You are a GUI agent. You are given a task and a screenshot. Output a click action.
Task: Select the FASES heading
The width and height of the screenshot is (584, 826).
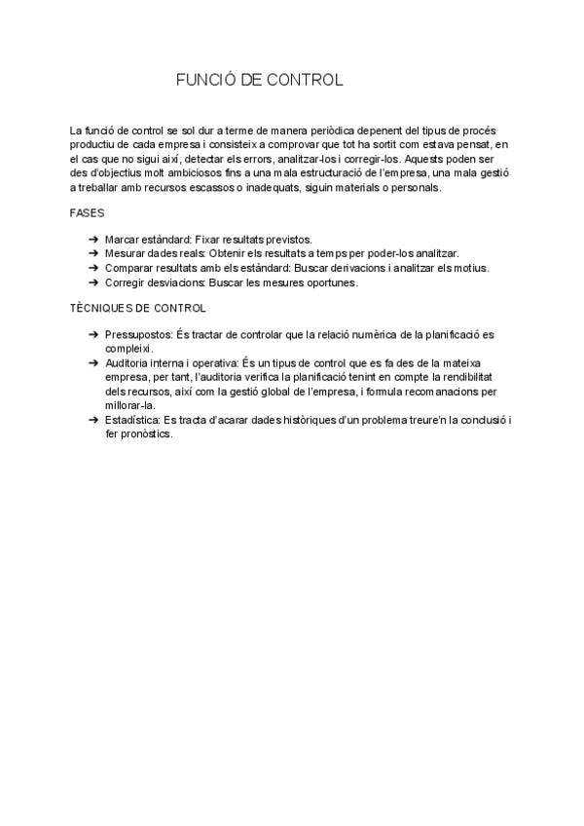pyautogui.click(x=88, y=212)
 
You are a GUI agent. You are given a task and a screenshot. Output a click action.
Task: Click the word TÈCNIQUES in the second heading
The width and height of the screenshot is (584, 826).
pyautogui.click(x=99, y=309)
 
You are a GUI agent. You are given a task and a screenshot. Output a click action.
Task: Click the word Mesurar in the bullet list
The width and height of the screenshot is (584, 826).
pyautogui.click(x=126, y=253)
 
